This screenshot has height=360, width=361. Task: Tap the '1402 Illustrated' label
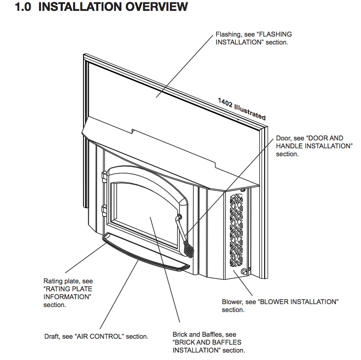point(241,109)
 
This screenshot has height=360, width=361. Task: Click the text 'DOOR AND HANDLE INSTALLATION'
point(314,142)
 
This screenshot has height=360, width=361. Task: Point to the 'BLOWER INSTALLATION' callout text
point(298,302)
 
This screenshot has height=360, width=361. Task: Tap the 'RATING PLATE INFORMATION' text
point(68,292)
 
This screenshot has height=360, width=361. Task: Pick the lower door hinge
point(104,210)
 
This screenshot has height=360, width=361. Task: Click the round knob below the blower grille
point(243,272)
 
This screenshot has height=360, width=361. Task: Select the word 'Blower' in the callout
point(231,302)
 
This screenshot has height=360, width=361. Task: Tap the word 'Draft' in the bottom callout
point(52,337)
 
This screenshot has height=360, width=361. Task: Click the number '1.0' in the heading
point(23,7)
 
